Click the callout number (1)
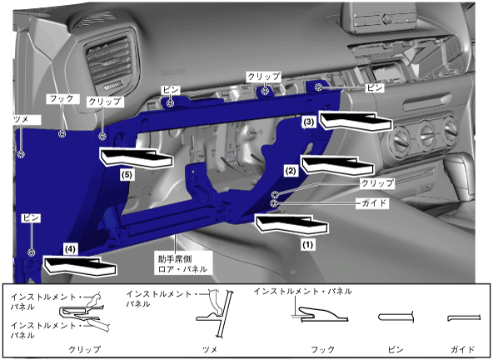pyautogui.click(x=307, y=244)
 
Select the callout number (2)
pyautogui.click(x=290, y=171)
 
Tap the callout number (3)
pyautogui.click(x=308, y=122)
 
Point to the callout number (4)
pyautogui.click(x=70, y=249)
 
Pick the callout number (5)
pyautogui.click(x=127, y=175)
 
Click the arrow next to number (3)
pyautogui.click(x=356, y=121)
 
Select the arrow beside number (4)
pyautogui.click(x=80, y=267)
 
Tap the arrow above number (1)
pyautogui.click(x=292, y=224)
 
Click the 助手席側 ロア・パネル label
pyautogui.click(x=182, y=264)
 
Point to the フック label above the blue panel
pyautogui.click(x=62, y=99)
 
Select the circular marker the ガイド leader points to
pyautogui.click(x=274, y=203)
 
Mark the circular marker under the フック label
pyautogui.click(x=62, y=134)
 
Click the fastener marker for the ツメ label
pyautogui.click(x=21, y=154)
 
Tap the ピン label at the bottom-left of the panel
pyautogui.click(x=31, y=217)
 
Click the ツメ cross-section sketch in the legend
pyautogui.click(x=216, y=312)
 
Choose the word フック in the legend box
pyautogui.click(x=322, y=349)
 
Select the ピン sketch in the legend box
pyautogui.click(x=396, y=317)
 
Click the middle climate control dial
pyautogui.click(x=426, y=135)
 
